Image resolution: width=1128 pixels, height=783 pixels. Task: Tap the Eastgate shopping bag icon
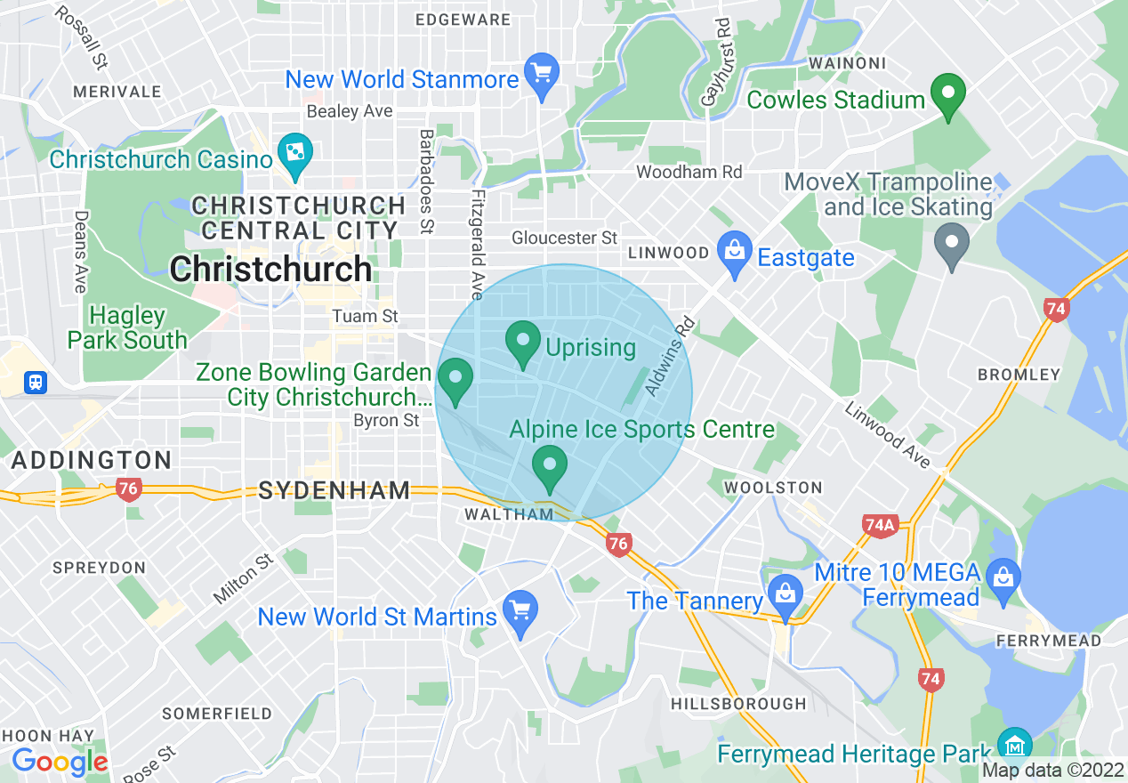(735, 253)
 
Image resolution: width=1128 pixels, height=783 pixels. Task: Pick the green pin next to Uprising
(523, 342)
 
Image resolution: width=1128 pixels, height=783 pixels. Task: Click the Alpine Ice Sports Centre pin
(550, 466)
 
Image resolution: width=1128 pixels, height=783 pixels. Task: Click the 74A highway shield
(879, 526)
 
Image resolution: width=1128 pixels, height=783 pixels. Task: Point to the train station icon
(35, 382)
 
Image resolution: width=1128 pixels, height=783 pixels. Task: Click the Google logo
(60, 762)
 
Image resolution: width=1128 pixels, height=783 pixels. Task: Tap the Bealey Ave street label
(349, 111)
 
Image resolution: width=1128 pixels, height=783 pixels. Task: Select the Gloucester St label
(564, 238)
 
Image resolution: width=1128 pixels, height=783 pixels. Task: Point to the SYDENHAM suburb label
(334, 489)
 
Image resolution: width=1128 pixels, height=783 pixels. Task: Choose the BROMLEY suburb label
(1019, 375)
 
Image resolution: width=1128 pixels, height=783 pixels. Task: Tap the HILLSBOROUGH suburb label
(738, 704)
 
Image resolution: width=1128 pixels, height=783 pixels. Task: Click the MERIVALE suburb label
(117, 92)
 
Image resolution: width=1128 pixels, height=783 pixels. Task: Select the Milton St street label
(242, 578)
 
